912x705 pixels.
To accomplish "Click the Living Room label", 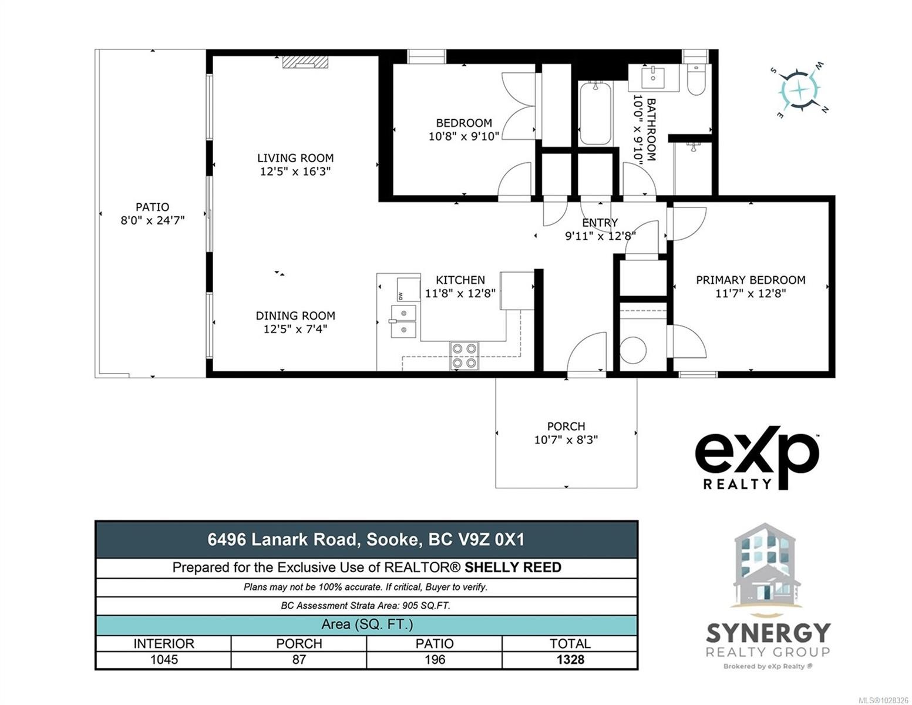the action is [x=295, y=158].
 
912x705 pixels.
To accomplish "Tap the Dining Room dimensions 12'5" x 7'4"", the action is [x=295, y=329].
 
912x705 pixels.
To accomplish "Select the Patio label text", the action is [x=152, y=207].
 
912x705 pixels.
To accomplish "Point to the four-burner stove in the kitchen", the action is [x=464, y=355].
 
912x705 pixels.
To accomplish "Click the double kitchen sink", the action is [x=403, y=321].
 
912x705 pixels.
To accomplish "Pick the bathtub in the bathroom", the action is [x=595, y=113].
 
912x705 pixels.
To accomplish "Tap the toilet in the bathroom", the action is [x=696, y=79].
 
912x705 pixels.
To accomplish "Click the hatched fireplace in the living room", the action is [x=305, y=62].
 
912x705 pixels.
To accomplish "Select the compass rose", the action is [x=799, y=90].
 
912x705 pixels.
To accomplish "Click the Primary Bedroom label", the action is [x=751, y=280].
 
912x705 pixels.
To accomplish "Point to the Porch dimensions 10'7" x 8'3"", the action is [x=566, y=439].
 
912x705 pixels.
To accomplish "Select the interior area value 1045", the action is [x=164, y=659].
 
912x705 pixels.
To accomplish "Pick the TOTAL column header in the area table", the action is [x=570, y=643].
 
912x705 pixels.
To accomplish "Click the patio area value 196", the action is [x=435, y=659].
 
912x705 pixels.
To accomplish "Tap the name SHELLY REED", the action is [x=513, y=568].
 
